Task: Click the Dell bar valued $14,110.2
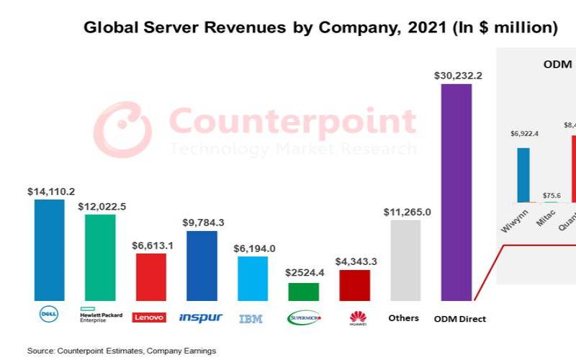point(49,250)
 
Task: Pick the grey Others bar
point(405,260)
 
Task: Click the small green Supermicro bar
point(303,292)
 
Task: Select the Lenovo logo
point(150,318)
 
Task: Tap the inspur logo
point(201,318)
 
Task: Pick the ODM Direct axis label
point(460,318)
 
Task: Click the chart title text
point(320,28)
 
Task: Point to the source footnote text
point(122,351)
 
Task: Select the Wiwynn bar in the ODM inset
point(523,175)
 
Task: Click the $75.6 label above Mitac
point(553,194)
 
